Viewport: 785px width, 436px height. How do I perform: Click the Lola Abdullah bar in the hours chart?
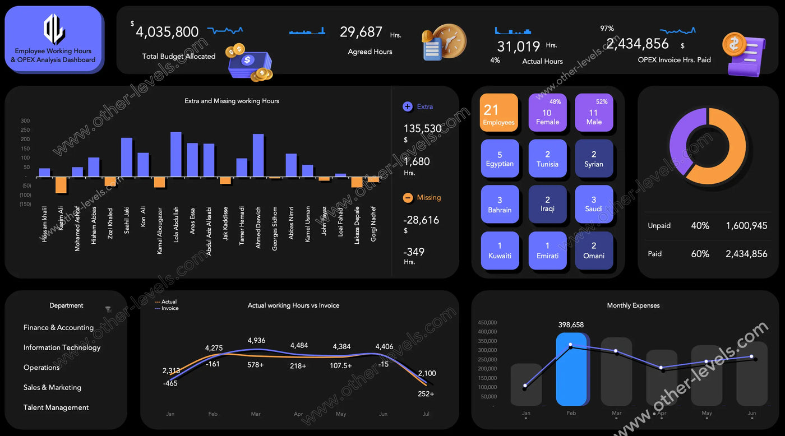176,155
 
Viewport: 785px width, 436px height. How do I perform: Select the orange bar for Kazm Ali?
61,185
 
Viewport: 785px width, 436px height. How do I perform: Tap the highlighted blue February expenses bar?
571,369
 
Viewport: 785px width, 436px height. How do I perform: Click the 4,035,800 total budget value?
167,32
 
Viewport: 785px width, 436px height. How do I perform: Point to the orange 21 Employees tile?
498,113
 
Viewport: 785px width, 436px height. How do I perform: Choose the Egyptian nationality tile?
500,159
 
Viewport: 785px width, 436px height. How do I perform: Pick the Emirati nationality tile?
547,251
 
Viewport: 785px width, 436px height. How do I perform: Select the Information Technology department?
62,347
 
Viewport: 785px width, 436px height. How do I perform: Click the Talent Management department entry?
56,407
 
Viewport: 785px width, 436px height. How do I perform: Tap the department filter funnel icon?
108,309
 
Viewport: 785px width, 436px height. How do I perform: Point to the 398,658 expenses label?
571,325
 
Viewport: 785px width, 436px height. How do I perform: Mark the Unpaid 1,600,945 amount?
746,226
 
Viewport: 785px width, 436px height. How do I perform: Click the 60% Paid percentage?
700,254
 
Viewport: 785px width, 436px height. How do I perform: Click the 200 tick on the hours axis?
25,140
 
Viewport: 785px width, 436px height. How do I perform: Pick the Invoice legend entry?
169,309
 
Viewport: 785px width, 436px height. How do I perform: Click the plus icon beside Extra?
408,106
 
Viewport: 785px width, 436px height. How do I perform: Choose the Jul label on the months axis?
426,414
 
